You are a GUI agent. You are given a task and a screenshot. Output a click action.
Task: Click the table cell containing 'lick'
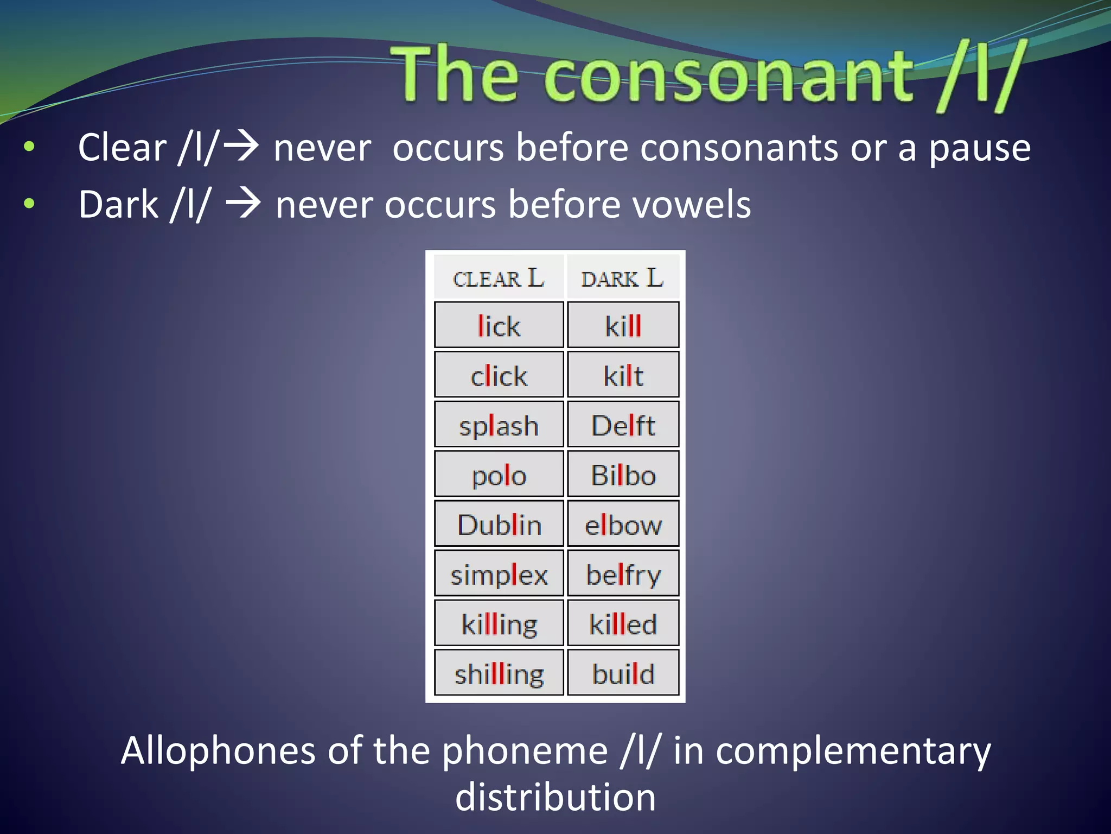(499, 325)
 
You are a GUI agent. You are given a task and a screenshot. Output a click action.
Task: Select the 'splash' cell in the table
(499, 425)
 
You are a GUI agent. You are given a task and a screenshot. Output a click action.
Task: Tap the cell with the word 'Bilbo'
(623, 474)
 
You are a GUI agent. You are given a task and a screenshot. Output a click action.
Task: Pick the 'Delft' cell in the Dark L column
(623, 425)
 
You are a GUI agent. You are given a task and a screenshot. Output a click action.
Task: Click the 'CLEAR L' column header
(499, 278)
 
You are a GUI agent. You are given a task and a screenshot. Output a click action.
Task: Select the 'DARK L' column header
(622, 278)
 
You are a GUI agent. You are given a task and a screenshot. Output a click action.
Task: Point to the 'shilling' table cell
(499, 673)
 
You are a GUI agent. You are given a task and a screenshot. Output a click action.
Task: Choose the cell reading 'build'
(623, 673)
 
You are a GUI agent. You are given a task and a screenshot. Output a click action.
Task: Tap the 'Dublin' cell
(499, 524)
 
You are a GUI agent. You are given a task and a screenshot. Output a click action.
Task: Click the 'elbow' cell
(623, 524)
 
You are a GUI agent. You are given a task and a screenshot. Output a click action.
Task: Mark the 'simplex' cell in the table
(499, 574)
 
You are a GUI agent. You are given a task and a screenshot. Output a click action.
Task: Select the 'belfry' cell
(623, 574)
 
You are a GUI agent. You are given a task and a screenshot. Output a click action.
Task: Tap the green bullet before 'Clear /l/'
(29, 147)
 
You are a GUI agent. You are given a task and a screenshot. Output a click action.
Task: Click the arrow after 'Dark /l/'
(243, 204)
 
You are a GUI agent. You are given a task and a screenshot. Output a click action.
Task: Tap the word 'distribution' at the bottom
(555, 797)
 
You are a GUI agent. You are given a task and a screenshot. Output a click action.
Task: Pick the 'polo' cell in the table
(499, 474)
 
